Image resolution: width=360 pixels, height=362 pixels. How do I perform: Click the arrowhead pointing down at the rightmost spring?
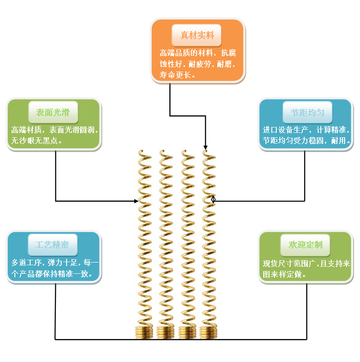[x=206, y=147]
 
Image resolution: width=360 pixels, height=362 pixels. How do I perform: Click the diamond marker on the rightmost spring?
[x=213, y=199]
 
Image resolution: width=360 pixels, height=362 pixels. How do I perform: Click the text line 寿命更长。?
[x=178, y=75]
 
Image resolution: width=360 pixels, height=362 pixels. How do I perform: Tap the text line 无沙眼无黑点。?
[x=36, y=141]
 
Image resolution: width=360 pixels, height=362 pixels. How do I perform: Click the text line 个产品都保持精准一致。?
[x=52, y=273]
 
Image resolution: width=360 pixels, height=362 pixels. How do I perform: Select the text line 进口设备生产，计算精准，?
[x=306, y=130]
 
